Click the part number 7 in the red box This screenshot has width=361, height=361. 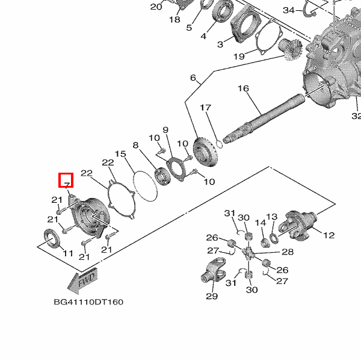(x=66, y=180)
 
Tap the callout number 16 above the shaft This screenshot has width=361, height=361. (x=243, y=88)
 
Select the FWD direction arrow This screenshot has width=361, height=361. (x=82, y=280)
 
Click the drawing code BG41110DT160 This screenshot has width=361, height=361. (x=88, y=301)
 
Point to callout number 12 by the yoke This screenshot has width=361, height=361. (x=329, y=235)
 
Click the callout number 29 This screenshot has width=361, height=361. (x=211, y=296)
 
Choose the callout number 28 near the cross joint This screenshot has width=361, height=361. (x=288, y=251)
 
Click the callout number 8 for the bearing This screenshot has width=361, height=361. (x=136, y=145)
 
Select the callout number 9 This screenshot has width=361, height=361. (x=165, y=130)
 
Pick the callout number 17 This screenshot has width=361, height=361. (x=206, y=108)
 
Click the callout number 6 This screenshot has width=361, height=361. (x=193, y=78)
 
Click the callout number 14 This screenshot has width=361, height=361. (x=261, y=223)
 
